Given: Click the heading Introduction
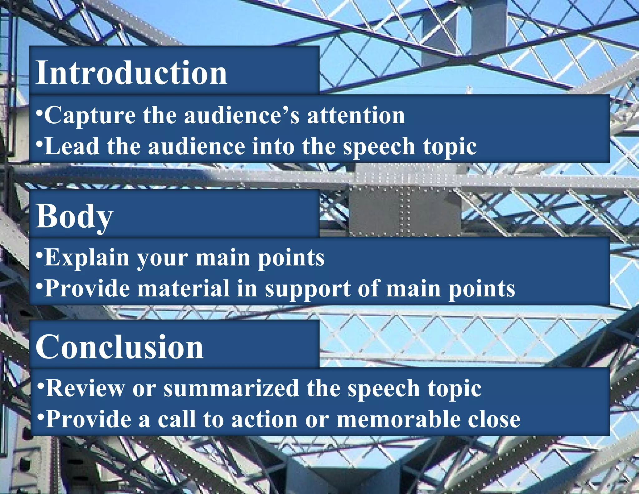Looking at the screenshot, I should (x=131, y=72).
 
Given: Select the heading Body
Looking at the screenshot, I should (x=74, y=216).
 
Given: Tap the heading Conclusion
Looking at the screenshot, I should (x=120, y=347).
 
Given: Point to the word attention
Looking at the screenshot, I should (x=356, y=116).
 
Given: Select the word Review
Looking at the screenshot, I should (x=85, y=388).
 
